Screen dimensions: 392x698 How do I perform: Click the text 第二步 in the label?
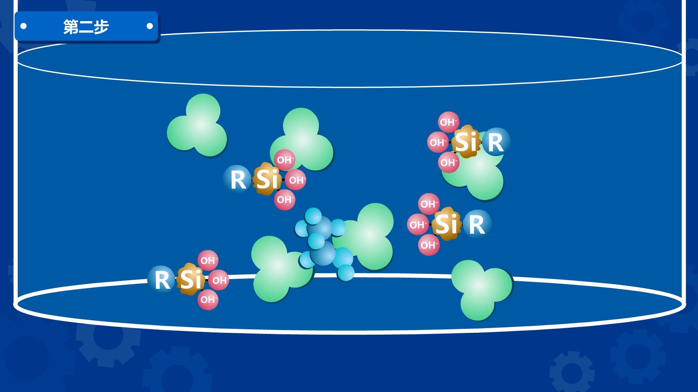86,26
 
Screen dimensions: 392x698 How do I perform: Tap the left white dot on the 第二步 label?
24,26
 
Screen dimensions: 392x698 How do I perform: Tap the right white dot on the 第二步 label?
149,26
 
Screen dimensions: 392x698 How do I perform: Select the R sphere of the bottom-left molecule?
162,279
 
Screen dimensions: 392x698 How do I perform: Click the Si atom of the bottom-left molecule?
190,279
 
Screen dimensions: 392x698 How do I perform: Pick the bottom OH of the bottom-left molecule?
208,300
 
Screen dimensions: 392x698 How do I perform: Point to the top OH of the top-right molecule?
448,122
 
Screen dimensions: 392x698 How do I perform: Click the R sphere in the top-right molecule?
496,142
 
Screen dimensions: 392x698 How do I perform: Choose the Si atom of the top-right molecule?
466,142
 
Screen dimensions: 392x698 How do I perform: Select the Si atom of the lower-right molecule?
447,224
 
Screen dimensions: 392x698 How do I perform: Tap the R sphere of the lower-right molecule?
477,224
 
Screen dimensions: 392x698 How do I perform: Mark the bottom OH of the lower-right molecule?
429,245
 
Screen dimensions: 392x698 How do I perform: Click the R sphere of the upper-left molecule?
238,179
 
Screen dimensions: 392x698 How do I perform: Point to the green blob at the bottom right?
481,289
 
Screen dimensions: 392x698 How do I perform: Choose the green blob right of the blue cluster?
371,236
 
